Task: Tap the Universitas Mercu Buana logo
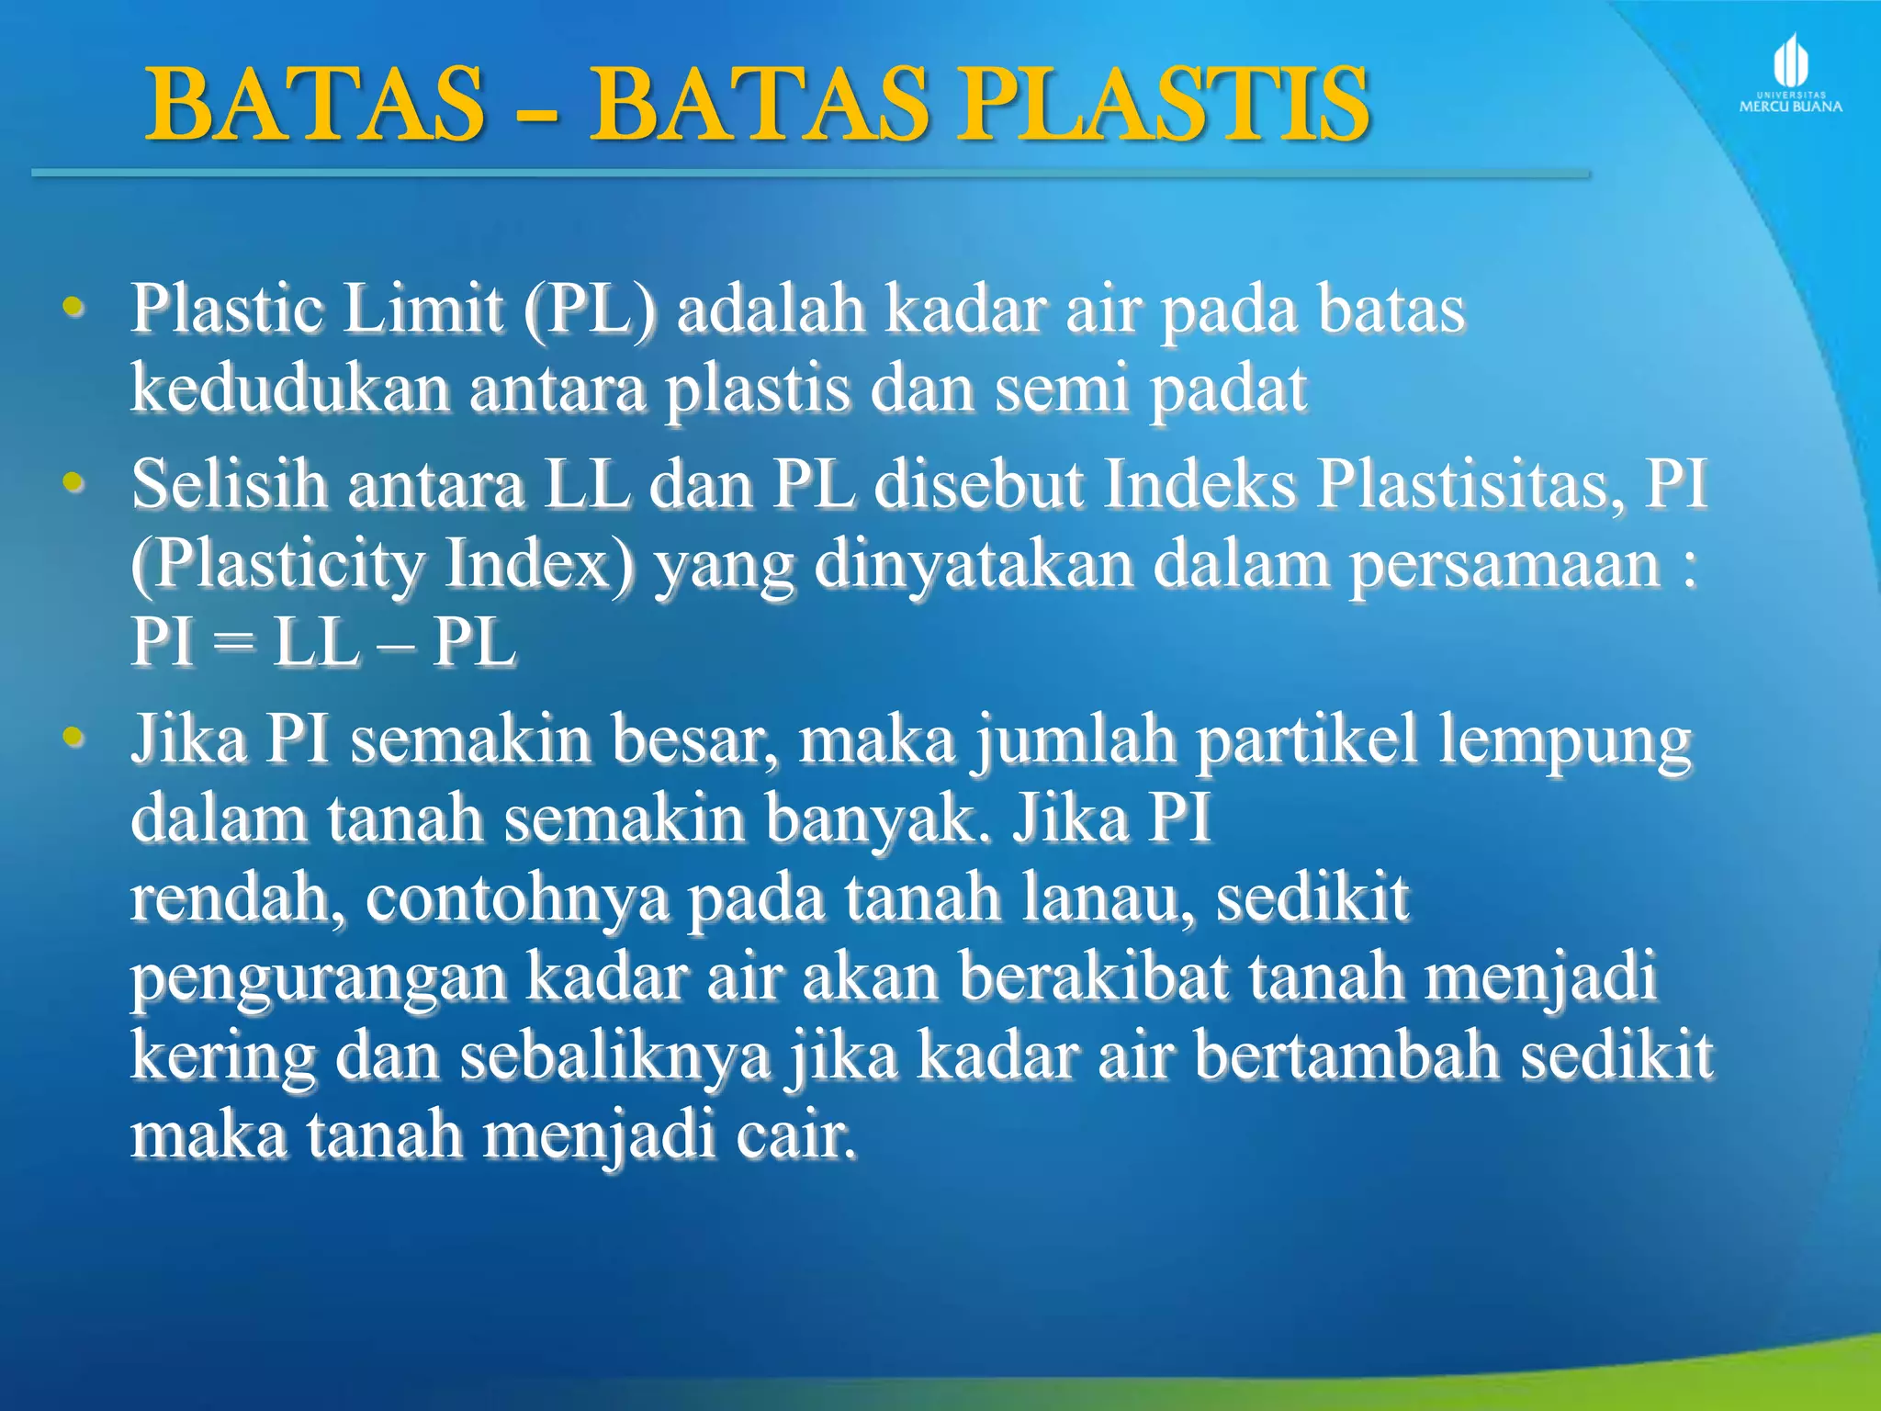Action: click(1790, 73)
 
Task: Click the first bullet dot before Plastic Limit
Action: click(73, 309)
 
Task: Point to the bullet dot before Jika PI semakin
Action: click(73, 738)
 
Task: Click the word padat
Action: click(1228, 389)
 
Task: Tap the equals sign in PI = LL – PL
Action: click(233, 643)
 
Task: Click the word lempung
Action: click(1563, 741)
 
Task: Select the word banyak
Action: click(882, 818)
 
